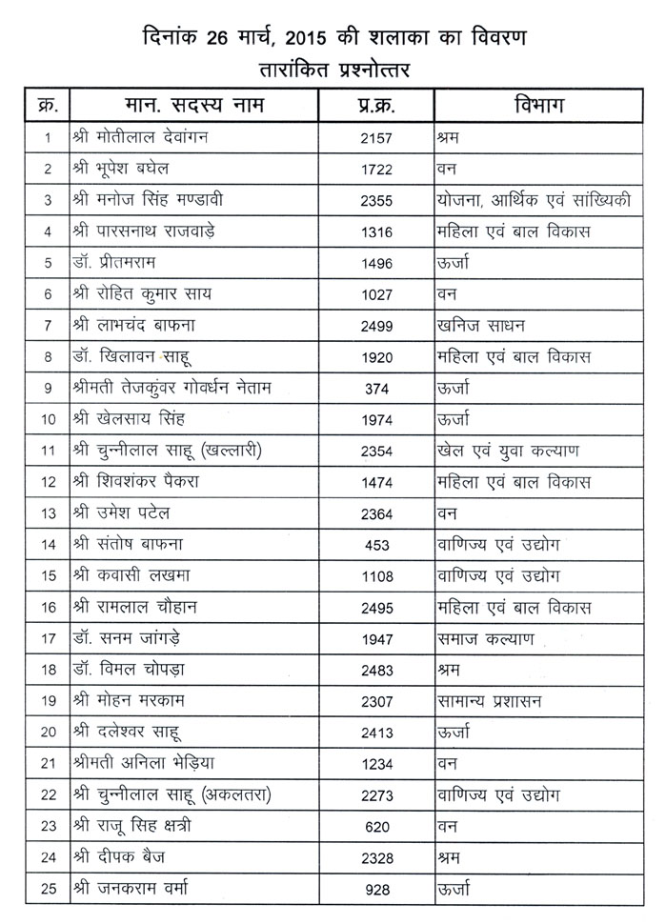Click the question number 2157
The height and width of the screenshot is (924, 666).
(x=378, y=137)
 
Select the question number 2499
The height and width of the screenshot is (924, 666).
(x=378, y=326)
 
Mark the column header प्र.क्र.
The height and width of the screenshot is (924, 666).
(x=377, y=105)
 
